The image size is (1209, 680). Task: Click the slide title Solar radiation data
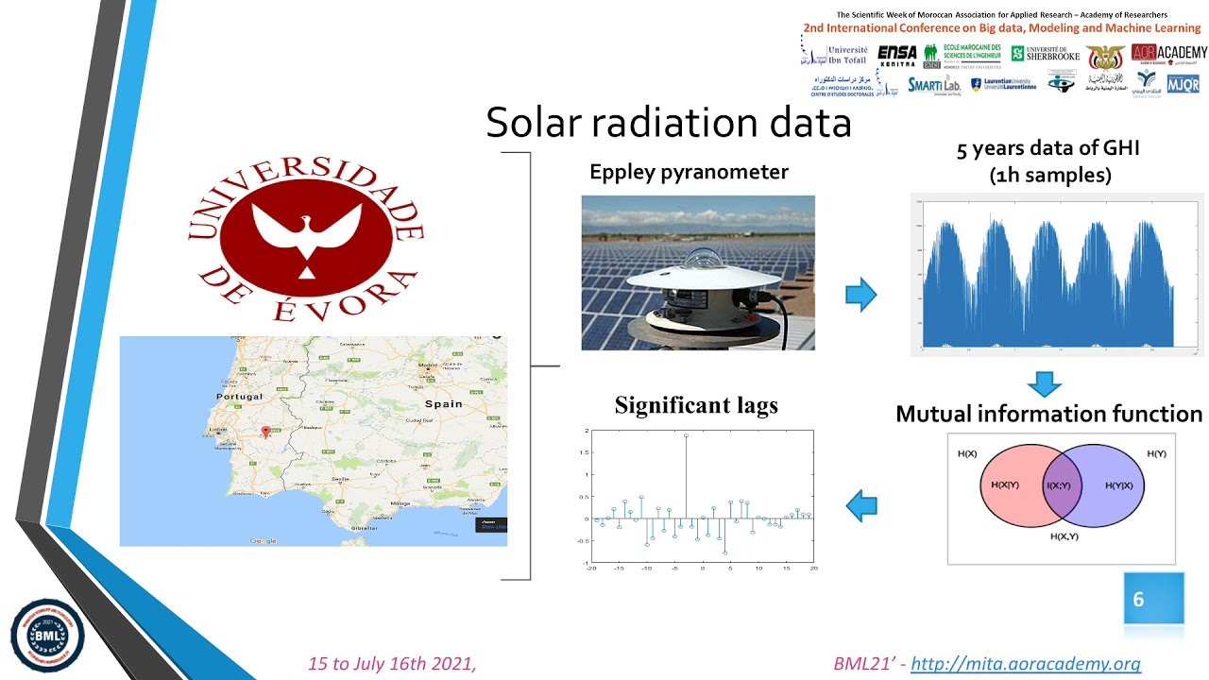coord(668,123)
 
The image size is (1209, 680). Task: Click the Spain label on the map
coord(443,403)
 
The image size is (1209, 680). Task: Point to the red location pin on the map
coord(265,433)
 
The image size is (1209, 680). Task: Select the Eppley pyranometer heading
coord(689,172)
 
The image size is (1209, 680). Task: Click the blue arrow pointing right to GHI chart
coord(860,295)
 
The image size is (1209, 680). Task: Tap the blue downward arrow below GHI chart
coord(1044,384)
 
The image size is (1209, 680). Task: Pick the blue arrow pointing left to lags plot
coord(860,506)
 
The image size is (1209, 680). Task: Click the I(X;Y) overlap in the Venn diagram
coord(1058,485)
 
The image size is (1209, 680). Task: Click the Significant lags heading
coord(696,405)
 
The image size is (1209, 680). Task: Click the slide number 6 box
coord(1152,599)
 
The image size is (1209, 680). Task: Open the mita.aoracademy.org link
coord(1025,664)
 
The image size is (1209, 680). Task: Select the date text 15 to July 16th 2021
coord(392,664)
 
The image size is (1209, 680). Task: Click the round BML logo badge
coord(47,635)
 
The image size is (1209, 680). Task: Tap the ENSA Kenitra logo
coord(896,56)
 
